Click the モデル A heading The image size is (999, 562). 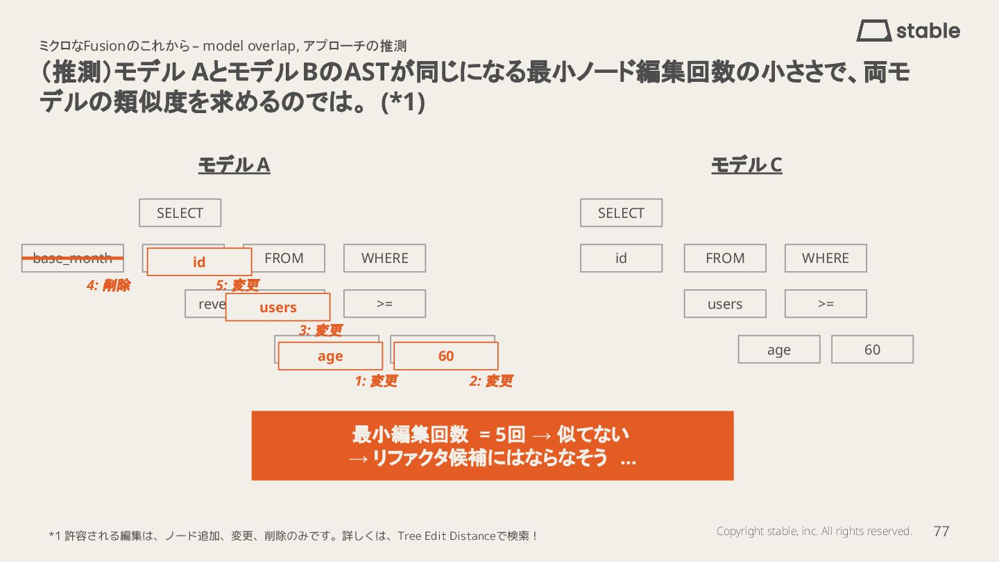(x=234, y=165)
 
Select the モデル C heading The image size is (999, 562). (x=746, y=165)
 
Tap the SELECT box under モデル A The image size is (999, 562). (x=180, y=213)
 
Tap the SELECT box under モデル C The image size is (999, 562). (x=621, y=213)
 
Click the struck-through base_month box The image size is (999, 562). (x=72, y=258)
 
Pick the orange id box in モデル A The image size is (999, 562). (x=199, y=262)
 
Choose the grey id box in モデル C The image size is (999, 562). (x=621, y=258)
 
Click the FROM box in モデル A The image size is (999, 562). (x=284, y=258)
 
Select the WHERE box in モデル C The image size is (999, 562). (x=826, y=258)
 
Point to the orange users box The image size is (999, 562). (x=277, y=307)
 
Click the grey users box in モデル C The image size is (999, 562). (x=725, y=304)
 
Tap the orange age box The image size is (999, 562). (x=330, y=356)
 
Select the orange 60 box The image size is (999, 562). (x=445, y=356)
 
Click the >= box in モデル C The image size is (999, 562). (x=826, y=304)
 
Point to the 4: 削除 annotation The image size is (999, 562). (x=108, y=285)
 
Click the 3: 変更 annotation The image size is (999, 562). (x=321, y=331)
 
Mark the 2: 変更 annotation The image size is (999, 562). (x=491, y=381)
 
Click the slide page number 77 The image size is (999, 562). (x=941, y=531)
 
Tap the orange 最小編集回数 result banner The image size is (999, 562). (x=492, y=445)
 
